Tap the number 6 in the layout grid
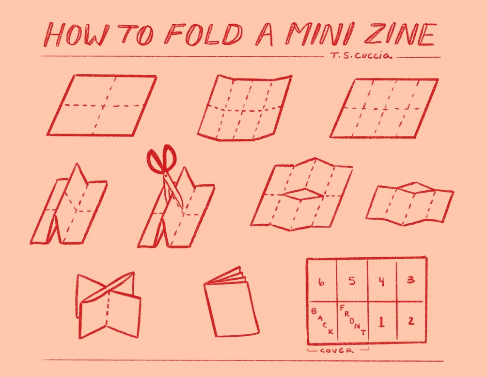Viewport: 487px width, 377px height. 321,282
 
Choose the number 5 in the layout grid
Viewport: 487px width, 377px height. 351,281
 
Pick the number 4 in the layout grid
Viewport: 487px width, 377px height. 381,281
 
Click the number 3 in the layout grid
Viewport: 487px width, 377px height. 410,279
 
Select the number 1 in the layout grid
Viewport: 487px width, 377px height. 381,322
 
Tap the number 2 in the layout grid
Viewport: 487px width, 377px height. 411,321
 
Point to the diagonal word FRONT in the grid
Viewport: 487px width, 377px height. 353,320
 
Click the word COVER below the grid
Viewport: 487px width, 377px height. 337,351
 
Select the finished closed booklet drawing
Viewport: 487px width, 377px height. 232,302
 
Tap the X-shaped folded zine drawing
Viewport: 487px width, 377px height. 109,305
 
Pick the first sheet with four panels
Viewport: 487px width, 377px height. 102,105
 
